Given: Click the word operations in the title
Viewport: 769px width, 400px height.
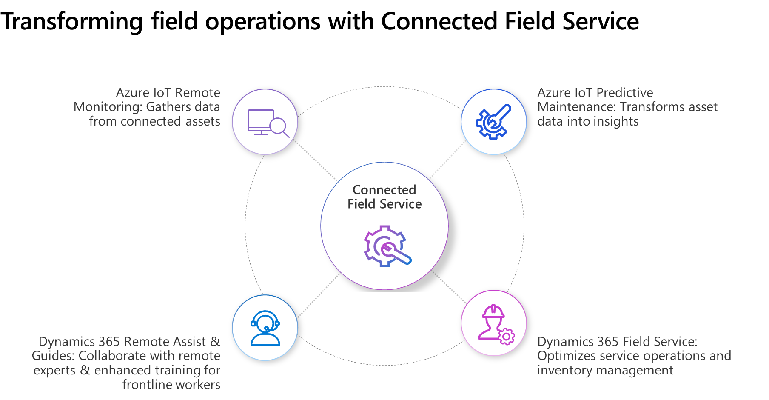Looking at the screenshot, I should coord(262,21).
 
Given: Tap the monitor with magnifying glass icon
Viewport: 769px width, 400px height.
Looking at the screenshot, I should coord(265,122).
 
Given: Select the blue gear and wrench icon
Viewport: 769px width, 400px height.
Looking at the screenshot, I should coord(493,122).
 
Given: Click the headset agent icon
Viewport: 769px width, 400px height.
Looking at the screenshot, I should coord(265,328).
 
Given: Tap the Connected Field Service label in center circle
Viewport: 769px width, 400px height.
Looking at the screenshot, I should coord(384,197).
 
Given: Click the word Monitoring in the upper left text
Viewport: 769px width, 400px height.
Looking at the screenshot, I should coord(108,107).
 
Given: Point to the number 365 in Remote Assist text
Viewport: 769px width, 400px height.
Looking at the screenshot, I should coord(109,342).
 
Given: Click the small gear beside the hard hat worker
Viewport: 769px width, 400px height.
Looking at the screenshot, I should coord(506,337).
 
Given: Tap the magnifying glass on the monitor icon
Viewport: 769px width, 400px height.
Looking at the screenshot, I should coord(279,126).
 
